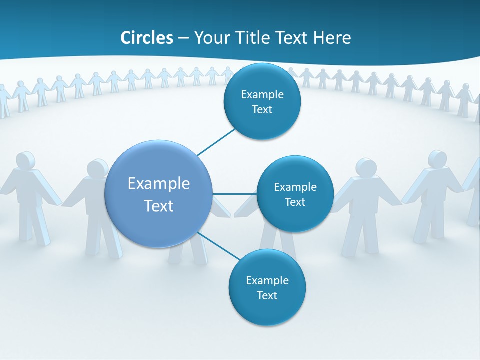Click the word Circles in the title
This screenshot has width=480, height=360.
[x=147, y=38]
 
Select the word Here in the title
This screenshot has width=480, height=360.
[x=332, y=38]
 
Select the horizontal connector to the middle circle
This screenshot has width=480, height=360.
[x=234, y=194]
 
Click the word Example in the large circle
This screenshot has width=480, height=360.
[x=159, y=184]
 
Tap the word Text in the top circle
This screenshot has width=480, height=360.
[x=262, y=110]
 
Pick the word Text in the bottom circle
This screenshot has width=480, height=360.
[x=267, y=296]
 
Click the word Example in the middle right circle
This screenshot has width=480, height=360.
[x=295, y=187]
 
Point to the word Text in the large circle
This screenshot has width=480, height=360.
[x=159, y=206]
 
